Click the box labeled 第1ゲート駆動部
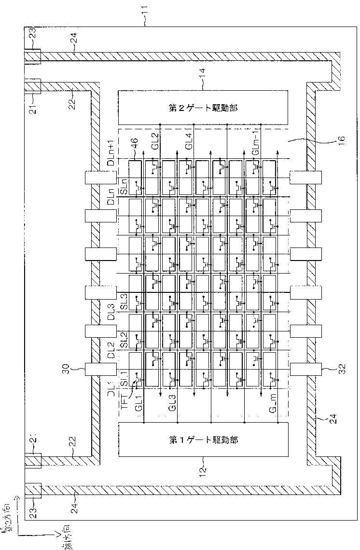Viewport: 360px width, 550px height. point(203,440)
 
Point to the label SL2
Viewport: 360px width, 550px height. point(124,341)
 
